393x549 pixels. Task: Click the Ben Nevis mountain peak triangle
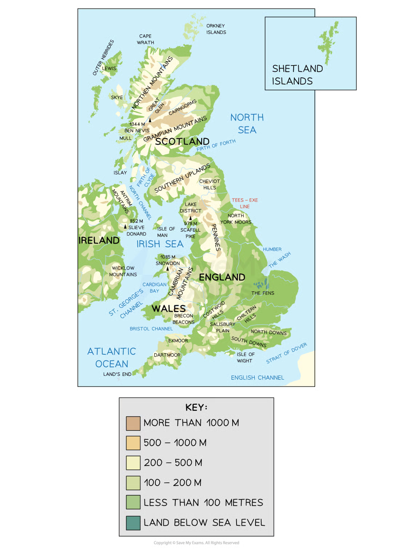point(150,120)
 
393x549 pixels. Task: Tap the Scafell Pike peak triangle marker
point(190,218)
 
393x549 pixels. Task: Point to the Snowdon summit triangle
point(168,268)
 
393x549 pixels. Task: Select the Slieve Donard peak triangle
point(125,226)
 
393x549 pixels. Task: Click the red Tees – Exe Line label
point(245,203)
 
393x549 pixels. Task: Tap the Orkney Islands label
point(216,29)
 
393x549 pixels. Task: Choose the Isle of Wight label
point(246,357)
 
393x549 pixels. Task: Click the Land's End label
point(117,374)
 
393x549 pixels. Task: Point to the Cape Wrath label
point(145,39)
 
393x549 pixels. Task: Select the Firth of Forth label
point(216,145)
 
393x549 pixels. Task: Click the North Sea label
point(247,124)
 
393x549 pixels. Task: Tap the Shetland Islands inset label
point(297,75)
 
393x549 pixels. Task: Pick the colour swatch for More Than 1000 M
point(133,423)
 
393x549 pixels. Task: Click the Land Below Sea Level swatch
point(133,523)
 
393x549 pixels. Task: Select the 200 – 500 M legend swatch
point(133,463)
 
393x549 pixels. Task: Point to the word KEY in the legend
point(196,407)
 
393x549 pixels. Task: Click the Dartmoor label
point(167,355)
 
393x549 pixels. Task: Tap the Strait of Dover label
point(287,353)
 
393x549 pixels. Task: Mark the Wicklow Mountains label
point(123,271)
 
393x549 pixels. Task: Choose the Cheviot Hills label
point(210,184)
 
